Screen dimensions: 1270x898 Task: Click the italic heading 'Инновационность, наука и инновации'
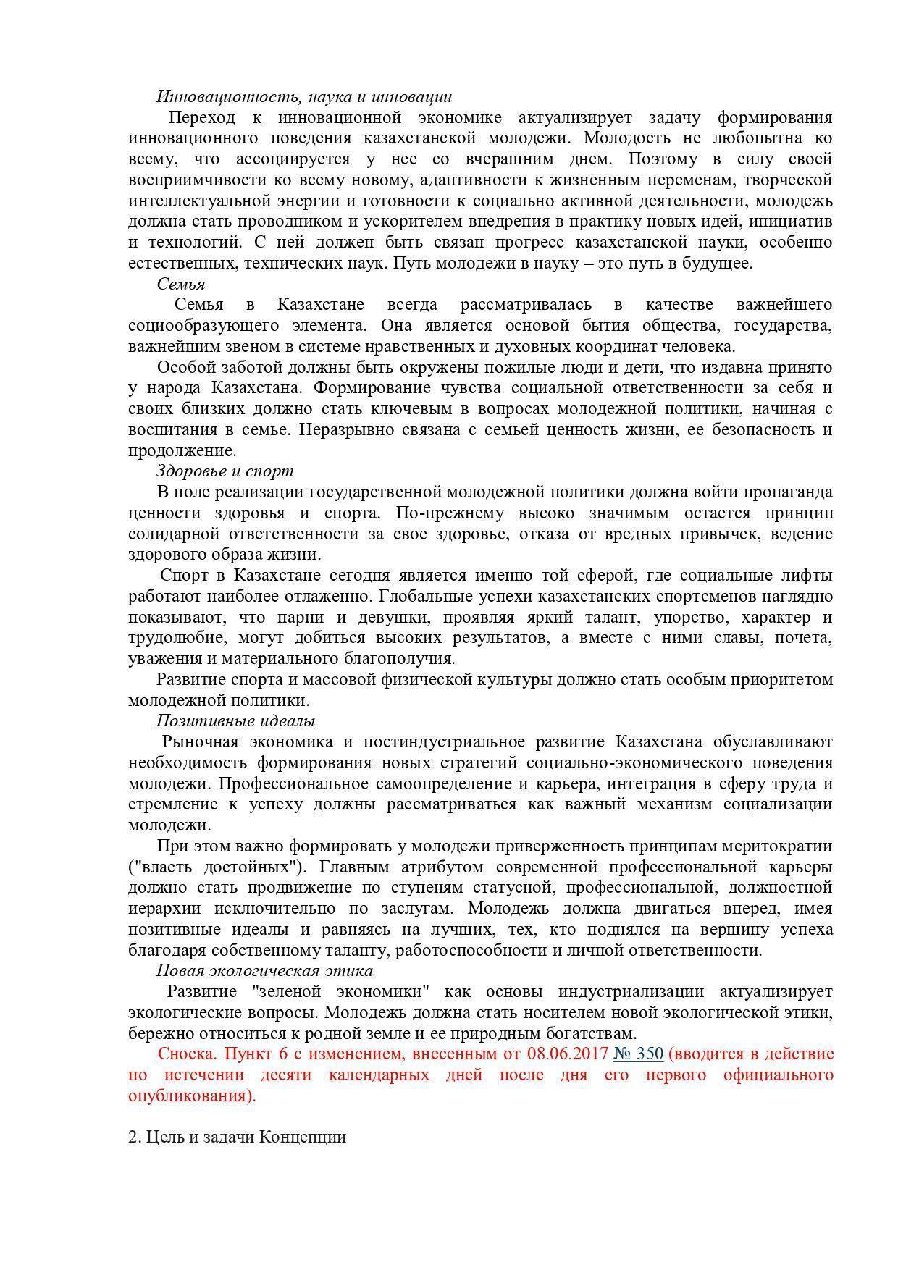tap(304, 96)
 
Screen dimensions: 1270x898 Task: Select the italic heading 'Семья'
tap(181, 284)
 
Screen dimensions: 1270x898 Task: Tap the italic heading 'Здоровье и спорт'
tap(225, 471)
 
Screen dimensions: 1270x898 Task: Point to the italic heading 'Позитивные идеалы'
tap(235, 721)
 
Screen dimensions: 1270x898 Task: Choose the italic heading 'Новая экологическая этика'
tap(264, 971)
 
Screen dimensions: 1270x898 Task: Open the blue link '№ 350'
tap(638, 1054)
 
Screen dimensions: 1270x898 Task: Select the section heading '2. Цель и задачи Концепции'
tap(237, 1137)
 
